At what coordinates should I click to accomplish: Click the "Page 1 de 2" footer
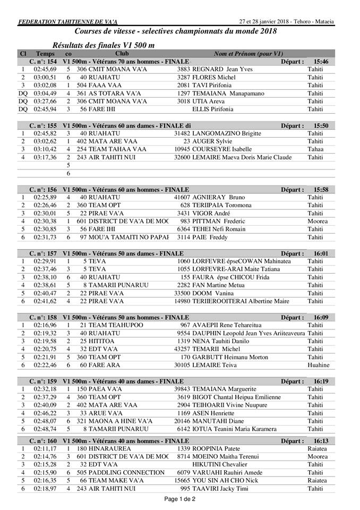[x=179, y=498]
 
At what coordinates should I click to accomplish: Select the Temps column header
[x=45, y=54]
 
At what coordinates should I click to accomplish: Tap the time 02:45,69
[x=45, y=70]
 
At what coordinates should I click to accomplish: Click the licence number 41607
[x=182, y=197]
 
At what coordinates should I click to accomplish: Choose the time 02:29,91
[x=45, y=261]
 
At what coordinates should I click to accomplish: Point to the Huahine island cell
[x=319, y=365]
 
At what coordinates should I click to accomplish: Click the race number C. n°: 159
[x=45, y=381]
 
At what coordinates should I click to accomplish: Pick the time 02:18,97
[x=45, y=488]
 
